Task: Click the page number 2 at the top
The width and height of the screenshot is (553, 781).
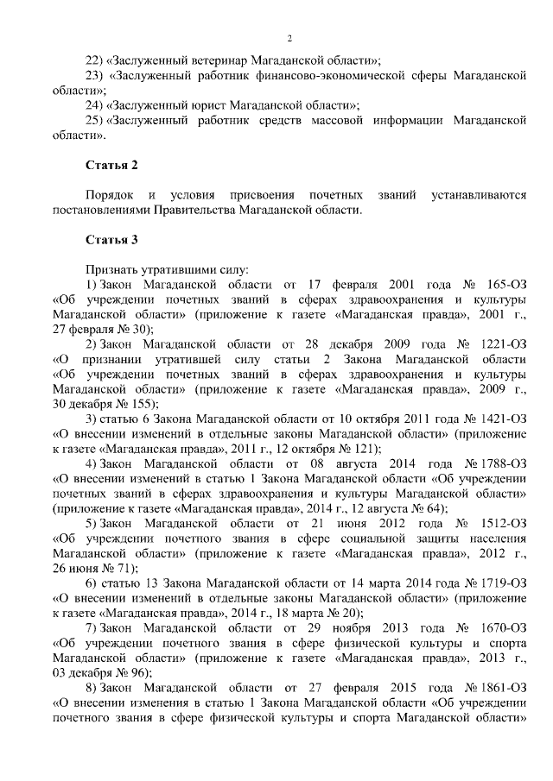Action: click(x=289, y=38)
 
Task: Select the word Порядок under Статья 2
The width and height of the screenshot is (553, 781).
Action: click(x=110, y=195)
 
